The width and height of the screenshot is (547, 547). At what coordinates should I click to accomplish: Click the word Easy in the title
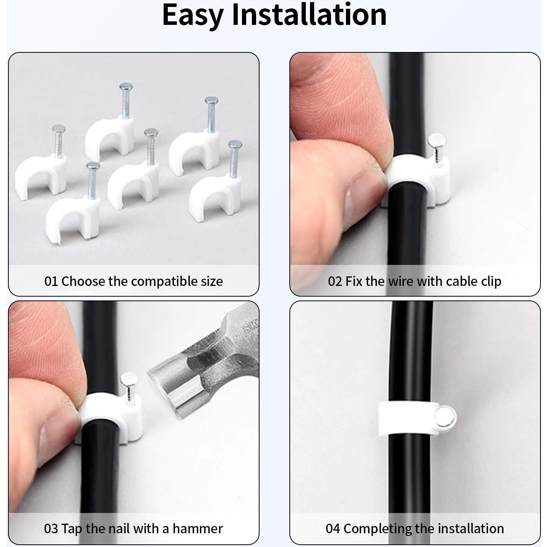pos(193,15)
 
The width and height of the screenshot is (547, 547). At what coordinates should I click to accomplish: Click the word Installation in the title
pos(309,15)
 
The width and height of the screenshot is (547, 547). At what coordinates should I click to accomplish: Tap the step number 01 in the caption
pos(51,281)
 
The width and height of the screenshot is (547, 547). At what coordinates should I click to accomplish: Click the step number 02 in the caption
pos(335,281)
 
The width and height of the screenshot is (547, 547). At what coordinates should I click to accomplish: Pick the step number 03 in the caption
pos(51,529)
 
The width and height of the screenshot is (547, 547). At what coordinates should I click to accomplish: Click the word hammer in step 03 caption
pos(198,529)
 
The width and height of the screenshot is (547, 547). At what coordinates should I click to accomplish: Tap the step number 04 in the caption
pos(333,529)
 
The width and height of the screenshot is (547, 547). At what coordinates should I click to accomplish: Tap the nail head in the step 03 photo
pos(127,380)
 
